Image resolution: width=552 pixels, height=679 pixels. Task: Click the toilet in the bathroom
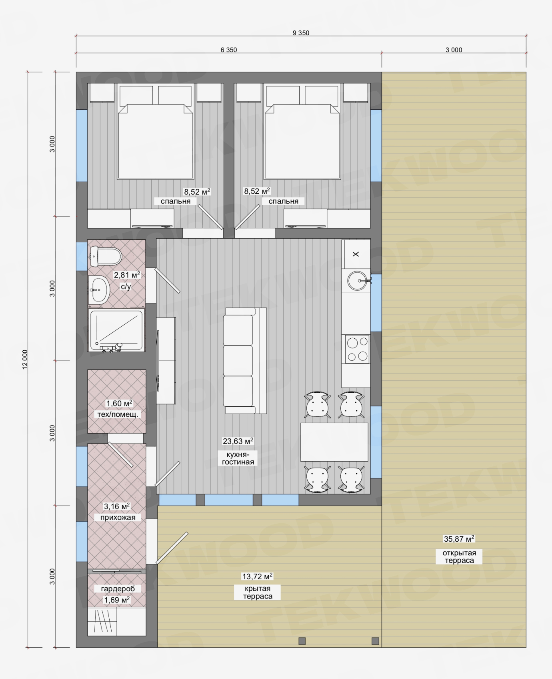click(x=105, y=256)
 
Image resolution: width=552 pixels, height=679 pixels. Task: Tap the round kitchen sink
click(x=357, y=280)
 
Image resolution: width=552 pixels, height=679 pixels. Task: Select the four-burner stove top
click(x=357, y=349)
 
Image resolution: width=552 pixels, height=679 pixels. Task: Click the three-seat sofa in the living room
click(x=244, y=360)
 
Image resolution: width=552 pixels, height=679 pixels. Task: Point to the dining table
click(x=334, y=442)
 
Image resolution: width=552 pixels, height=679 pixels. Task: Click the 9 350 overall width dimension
click(x=301, y=33)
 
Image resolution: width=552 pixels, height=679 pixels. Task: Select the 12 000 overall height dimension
click(x=25, y=360)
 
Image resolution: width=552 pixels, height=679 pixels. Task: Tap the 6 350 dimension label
click(x=229, y=50)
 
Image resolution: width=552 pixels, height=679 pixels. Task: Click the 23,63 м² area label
click(x=238, y=441)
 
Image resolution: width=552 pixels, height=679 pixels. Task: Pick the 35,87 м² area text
click(x=459, y=539)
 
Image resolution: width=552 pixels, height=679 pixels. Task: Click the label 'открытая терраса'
click(x=459, y=557)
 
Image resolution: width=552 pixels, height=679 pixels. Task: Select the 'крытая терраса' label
click(x=258, y=593)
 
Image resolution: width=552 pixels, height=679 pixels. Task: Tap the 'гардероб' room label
click(x=118, y=589)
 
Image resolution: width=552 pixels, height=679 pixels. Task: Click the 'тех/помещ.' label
click(x=118, y=414)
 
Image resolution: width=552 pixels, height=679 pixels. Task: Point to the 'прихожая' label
click(x=118, y=517)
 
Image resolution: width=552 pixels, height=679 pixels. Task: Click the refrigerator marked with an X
click(x=356, y=254)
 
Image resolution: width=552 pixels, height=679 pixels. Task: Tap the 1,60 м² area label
click(x=119, y=403)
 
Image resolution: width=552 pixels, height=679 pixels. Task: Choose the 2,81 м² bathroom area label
click(x=127, y=275)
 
